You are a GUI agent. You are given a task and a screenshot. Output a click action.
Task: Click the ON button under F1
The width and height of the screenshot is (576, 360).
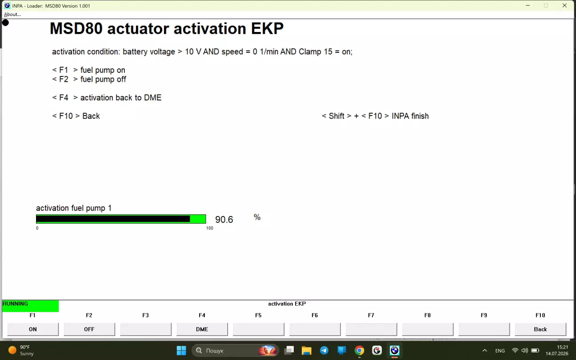click(32, 329)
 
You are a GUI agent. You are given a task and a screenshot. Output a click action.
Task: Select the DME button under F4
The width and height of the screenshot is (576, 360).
click(202, 329)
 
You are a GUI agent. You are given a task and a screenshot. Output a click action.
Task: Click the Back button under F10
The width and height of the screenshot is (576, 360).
click(540, 329)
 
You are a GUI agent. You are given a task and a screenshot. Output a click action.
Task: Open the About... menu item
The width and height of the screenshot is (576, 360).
click(12, 14)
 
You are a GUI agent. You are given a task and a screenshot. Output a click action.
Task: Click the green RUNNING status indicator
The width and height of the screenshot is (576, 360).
click(30, 306)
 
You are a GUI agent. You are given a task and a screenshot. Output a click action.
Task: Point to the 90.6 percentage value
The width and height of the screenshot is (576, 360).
click(224, 220)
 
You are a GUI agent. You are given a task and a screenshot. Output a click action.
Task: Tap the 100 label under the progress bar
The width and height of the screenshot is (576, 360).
click(210, 228)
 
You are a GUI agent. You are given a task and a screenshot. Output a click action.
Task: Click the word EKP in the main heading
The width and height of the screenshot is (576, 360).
click(267, 28)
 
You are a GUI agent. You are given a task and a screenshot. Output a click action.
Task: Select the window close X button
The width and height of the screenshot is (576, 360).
click(564, 5)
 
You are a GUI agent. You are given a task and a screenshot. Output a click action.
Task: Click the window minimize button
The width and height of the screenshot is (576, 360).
click(528, 5)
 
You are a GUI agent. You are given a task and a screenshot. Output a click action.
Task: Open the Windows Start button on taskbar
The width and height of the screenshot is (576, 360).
click(181, 351)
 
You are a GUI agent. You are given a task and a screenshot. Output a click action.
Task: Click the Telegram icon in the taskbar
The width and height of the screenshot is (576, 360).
click(324, 351)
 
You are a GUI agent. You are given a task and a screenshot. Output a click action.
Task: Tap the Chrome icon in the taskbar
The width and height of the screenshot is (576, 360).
click(359, 351)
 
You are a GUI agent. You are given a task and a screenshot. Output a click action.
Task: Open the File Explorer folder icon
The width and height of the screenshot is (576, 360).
click(306, 351)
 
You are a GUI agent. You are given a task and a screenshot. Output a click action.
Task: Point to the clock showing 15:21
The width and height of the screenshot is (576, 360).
click(563, 347)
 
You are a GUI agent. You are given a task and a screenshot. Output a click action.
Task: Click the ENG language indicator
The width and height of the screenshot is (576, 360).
click(500, 351)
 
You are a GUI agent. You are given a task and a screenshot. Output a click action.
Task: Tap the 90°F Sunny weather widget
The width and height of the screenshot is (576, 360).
click(21, 351)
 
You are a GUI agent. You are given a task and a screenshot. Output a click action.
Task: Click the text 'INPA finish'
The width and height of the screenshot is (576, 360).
click(410, 116)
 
